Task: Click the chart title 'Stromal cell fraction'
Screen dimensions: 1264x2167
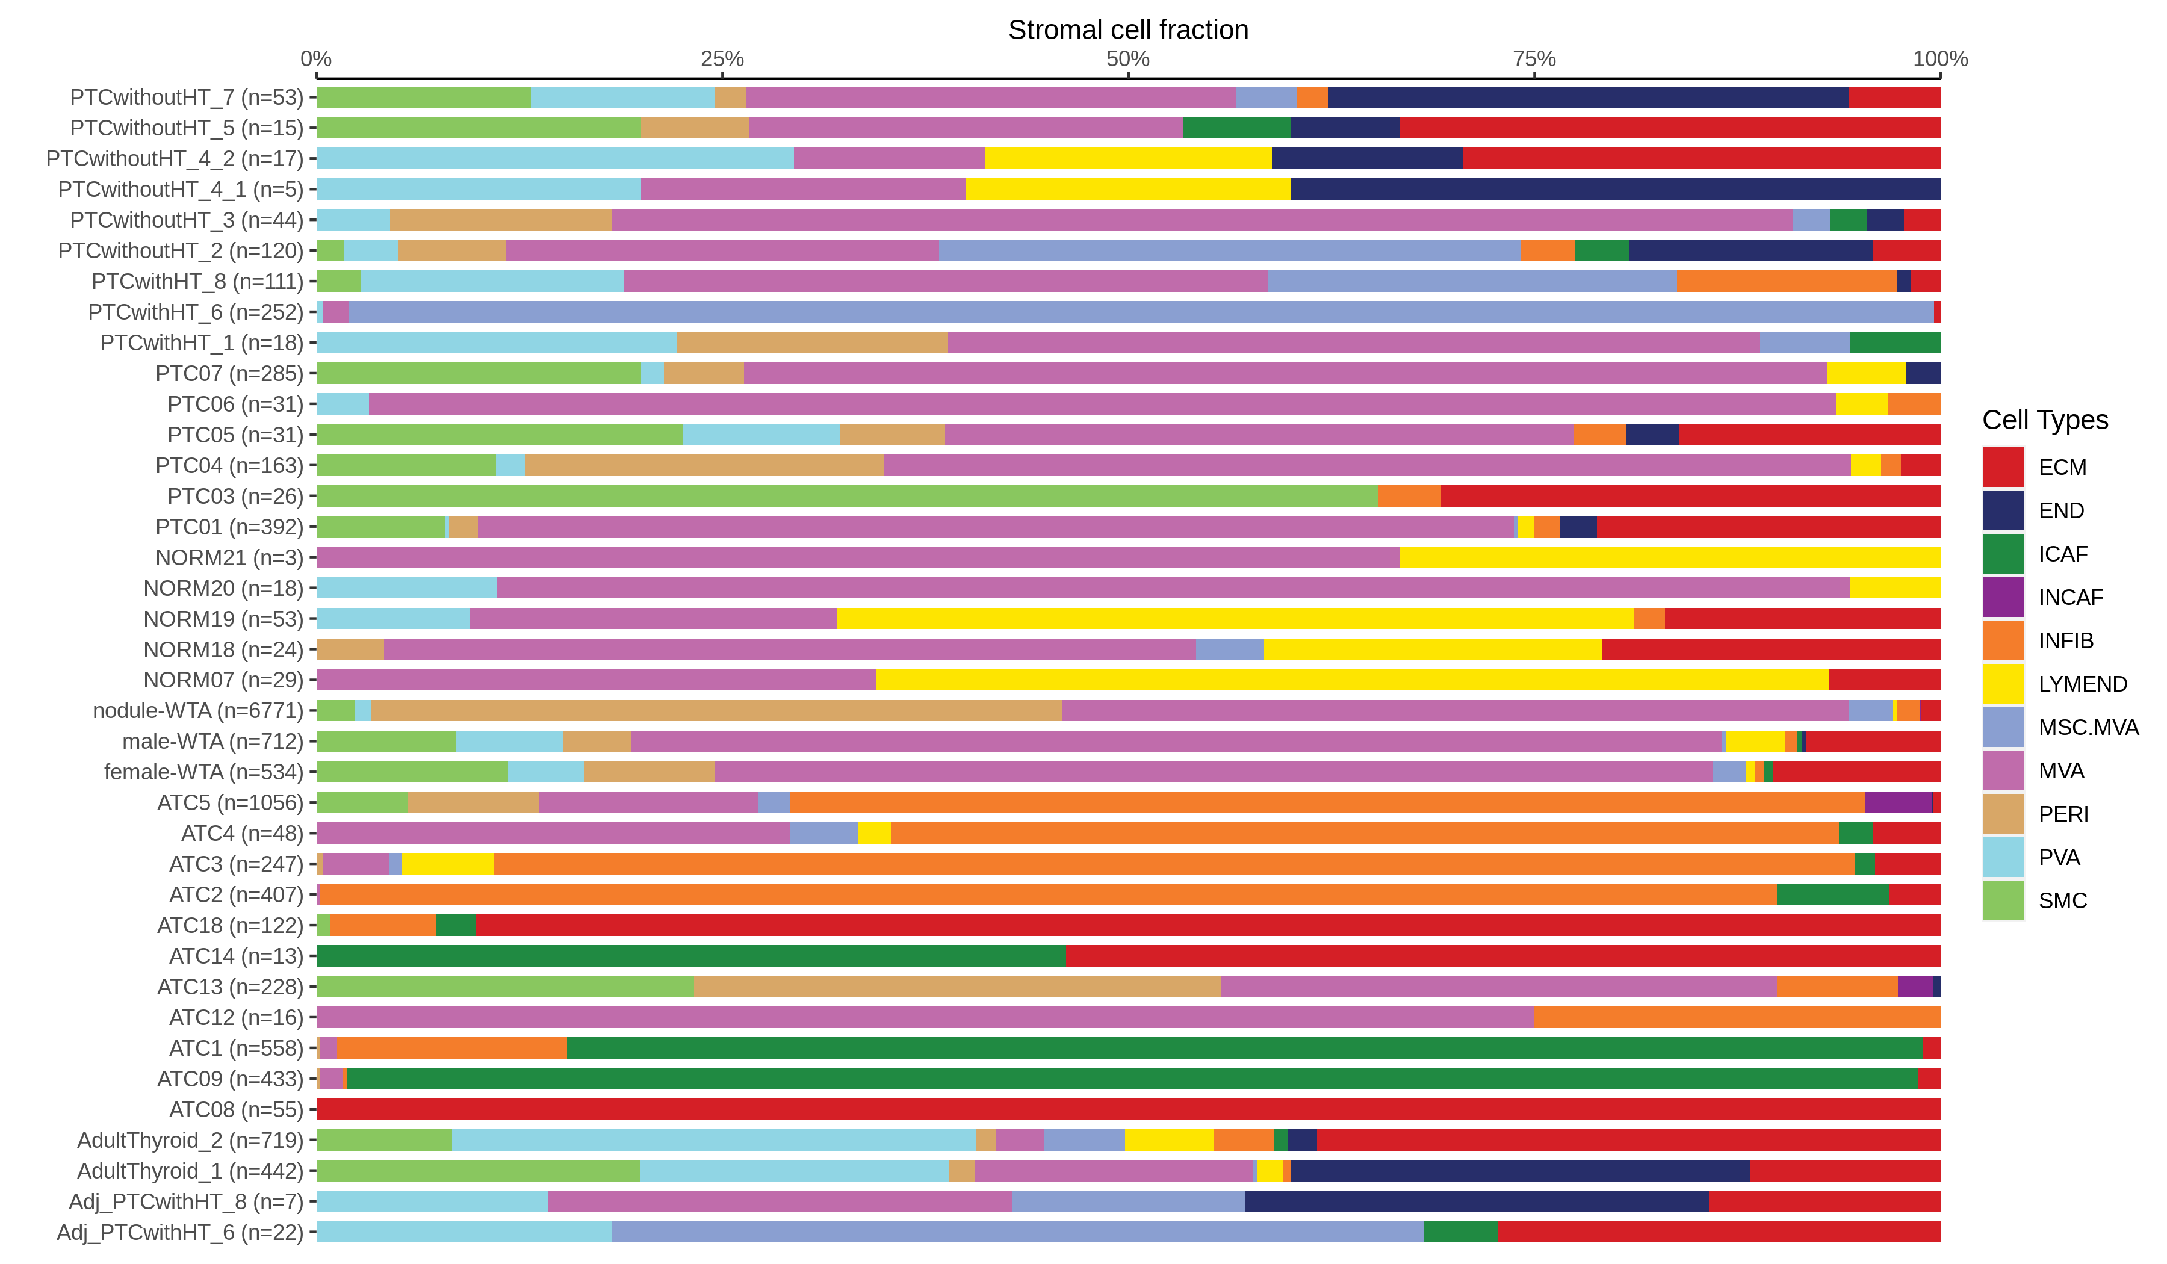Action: [x=1127, y=30]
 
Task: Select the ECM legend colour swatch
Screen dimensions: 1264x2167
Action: [x=2003, y=467]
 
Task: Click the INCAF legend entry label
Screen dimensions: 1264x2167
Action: [x=2070, y=598]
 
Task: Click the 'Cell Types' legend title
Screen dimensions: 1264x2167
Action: [x=2044, y=420]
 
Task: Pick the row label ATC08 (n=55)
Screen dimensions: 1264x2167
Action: [x=237, y=1109]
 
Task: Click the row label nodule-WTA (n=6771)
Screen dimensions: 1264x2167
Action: [x=198, y=711]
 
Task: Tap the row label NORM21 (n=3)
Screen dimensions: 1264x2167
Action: [x=229, y=558]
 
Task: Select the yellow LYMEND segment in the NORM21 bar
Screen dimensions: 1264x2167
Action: [x=1668, y=558]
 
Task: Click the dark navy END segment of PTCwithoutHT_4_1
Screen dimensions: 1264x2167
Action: [x=1615, y=189]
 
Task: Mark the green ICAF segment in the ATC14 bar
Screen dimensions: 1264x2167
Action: [x=690, y=956]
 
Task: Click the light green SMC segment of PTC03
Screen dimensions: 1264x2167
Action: [x=847, y=496]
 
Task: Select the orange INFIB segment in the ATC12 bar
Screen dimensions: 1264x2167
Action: [x=1736, y=1017]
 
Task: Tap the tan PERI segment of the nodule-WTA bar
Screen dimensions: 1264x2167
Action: [x=716, y=711]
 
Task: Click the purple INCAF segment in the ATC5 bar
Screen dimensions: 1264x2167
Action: [x=1898, y=803]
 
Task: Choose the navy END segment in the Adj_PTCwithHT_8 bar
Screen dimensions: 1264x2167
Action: [x=1475, y=1201]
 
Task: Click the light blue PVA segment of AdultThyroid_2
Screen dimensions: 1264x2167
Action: [x=714, y=1140]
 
